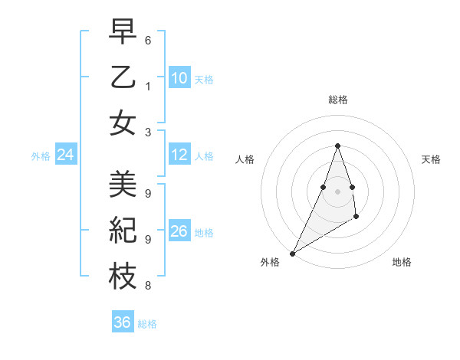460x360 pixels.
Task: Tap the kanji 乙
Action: (x=123, y=77)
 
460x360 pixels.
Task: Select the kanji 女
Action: (x=123, y=123)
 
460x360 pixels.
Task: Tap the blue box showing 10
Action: (x=179, y=77)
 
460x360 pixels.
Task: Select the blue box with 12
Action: (x=179, y=155)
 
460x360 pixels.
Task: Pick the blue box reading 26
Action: (x=179, y=231)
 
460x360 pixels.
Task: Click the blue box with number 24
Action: (x=66, y=155)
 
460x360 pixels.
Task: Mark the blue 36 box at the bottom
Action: (x=123, y=322)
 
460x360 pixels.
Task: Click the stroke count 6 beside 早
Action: (x=148, y=40)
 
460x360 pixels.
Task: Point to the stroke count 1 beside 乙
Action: (x=148, y=86)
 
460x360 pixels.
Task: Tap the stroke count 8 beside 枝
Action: (x=148, y=286)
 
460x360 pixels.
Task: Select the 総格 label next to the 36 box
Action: (x=147, y=323)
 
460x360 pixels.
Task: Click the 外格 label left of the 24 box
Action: (x=41, y=156)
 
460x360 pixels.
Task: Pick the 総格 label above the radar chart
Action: (x=337, y=100)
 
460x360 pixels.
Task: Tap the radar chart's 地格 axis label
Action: (x=402, y=263)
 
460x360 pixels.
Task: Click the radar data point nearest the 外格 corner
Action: (x=292, y=254)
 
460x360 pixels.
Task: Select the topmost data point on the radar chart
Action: (x=337, y=146)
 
